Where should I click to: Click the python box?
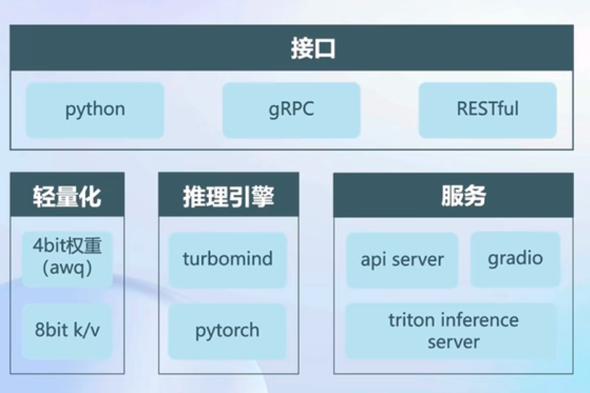[x=95, y=110]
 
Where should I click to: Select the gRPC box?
[x=291, y=110]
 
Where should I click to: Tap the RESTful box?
[x=488, y=110]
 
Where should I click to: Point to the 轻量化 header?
[x=67, y=196]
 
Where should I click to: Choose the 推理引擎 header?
[x=229, y=196]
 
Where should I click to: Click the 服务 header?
[x=454, y=196]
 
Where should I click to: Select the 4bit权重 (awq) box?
[x=67, y=259]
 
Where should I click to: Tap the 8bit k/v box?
[x=67, y=331]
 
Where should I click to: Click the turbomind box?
[x=228, y=260]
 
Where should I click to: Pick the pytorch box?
[x=227, y=331]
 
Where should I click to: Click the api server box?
[x=402, y=260]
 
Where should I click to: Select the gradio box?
[x=515, y=259]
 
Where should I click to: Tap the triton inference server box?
[x=454, y=331]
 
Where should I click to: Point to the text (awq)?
[x=67, y=270]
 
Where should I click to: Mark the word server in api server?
[x=419, y=260]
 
